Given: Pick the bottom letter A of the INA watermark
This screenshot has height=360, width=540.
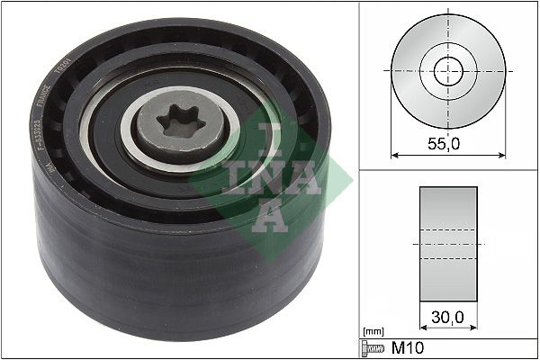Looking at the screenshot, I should tap(267, 216).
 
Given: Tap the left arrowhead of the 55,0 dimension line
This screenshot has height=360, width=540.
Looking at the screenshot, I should tap(393, 154).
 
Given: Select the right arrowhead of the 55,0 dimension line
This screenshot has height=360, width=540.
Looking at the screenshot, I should tap(501, 154).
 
